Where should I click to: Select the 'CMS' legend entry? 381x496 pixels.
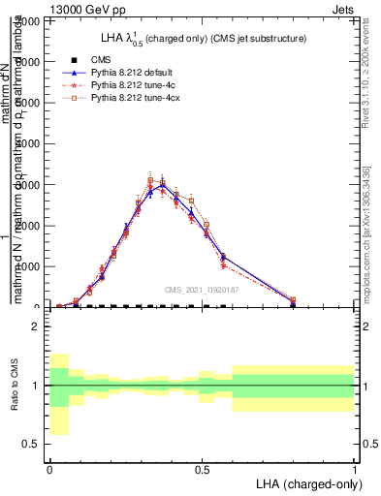point(102,59)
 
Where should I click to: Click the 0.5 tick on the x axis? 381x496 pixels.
point(202,468)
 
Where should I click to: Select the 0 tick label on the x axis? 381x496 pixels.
point(49,468)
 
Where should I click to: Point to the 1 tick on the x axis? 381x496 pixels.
point(354,468)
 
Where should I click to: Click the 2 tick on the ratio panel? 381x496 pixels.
point(36,326)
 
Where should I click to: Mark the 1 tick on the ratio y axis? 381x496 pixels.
point(36,386)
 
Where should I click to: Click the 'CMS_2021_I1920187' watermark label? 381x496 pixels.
point(202,289)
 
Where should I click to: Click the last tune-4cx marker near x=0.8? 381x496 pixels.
point(293,300)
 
